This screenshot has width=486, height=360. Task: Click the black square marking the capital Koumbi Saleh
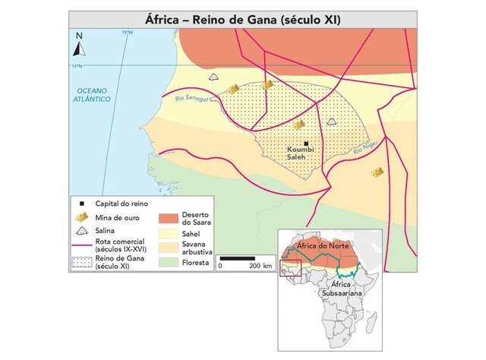pos(306,144)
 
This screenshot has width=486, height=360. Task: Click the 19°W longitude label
pos(127,33)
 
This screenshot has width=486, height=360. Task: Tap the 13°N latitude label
pos(76,67)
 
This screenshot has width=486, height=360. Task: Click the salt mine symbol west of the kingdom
pos(215,78)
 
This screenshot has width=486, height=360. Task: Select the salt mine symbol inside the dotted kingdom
pos(331,122)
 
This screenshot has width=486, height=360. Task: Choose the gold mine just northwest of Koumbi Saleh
pos(299,124)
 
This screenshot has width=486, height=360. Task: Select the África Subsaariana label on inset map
pos(344,288)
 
